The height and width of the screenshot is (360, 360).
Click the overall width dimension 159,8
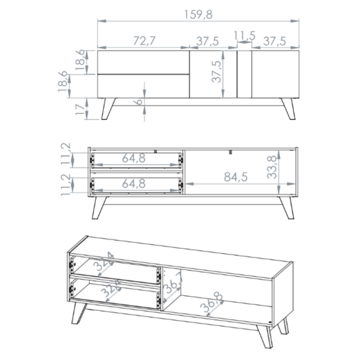[199, 14]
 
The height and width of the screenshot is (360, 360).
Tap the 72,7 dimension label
[145, 41]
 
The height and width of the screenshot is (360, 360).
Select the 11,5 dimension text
[245, 35]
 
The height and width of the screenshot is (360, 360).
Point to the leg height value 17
[80, 109]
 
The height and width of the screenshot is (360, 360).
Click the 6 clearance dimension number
[139, 101]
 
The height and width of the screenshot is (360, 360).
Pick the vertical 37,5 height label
[217, 71]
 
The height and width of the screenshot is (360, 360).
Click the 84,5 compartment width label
[236, 177]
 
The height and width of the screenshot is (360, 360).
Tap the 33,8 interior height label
[272, 167]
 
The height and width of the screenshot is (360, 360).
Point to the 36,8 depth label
[212, 302]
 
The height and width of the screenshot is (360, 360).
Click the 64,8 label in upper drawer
[134, 158]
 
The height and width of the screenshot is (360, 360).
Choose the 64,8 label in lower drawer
[134, 184]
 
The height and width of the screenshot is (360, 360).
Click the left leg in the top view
[108, 109]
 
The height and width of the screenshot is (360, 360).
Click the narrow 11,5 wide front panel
[244, 74]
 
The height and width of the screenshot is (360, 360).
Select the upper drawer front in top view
[143, 62]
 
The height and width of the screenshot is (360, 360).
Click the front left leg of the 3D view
[79, 313]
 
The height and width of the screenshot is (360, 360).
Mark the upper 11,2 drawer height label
[66, 154]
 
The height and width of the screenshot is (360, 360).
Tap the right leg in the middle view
[287, 208]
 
